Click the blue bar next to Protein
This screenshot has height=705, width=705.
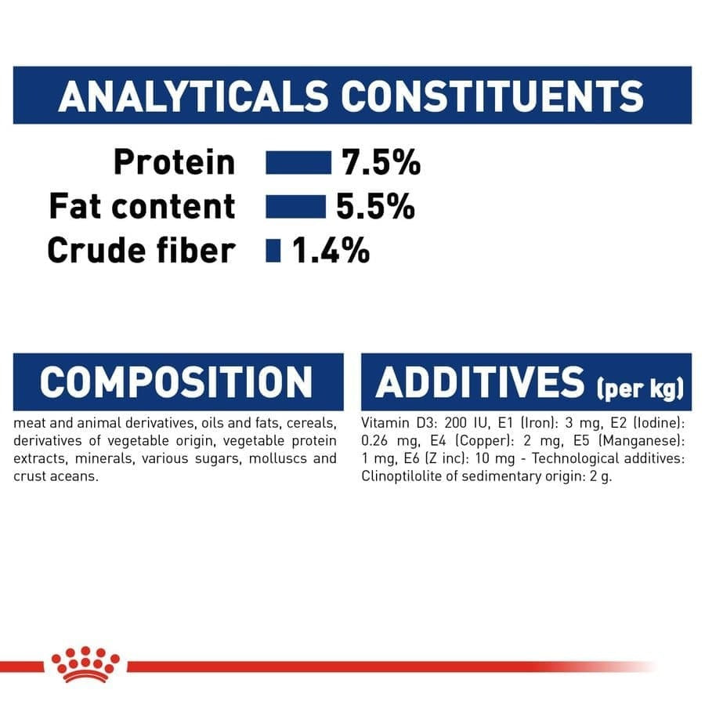tap(298, 163)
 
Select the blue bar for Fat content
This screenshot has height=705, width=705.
tap(295, 207)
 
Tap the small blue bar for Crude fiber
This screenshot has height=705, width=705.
tap(273, 251)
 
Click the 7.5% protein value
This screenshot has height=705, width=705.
tap(381, 163)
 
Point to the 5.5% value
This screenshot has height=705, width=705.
tap(375, 207)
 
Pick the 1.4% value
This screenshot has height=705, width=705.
tap(331, 251)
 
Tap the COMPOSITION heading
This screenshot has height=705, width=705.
tap(176, 382)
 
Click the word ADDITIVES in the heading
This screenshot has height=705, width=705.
tap(480, 382)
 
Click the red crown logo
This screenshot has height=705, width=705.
tap(85, 664)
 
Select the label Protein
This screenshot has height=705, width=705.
tap(174, 163)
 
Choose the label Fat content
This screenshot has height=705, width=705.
tap(142, 207)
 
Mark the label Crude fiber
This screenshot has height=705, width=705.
tap(142, 251)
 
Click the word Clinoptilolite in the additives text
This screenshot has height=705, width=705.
tap(399, 477)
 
